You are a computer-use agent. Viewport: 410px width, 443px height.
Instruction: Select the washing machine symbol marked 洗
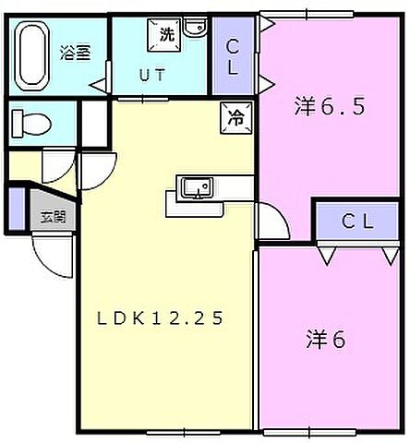pos(165,34)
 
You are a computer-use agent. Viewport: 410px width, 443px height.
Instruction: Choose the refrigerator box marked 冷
pos(236,116)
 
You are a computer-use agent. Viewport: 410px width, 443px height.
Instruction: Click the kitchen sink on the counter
pos(195,189)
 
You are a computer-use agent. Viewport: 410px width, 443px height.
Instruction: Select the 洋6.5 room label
pos(330,106)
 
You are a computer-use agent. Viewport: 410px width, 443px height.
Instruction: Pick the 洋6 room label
pos(325,339)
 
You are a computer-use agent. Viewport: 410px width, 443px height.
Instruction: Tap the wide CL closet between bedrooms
pos(356,221)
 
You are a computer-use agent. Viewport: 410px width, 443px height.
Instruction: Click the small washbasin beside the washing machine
pos(194,28)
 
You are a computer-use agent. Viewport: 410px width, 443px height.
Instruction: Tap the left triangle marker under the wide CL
pos(325,250)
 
